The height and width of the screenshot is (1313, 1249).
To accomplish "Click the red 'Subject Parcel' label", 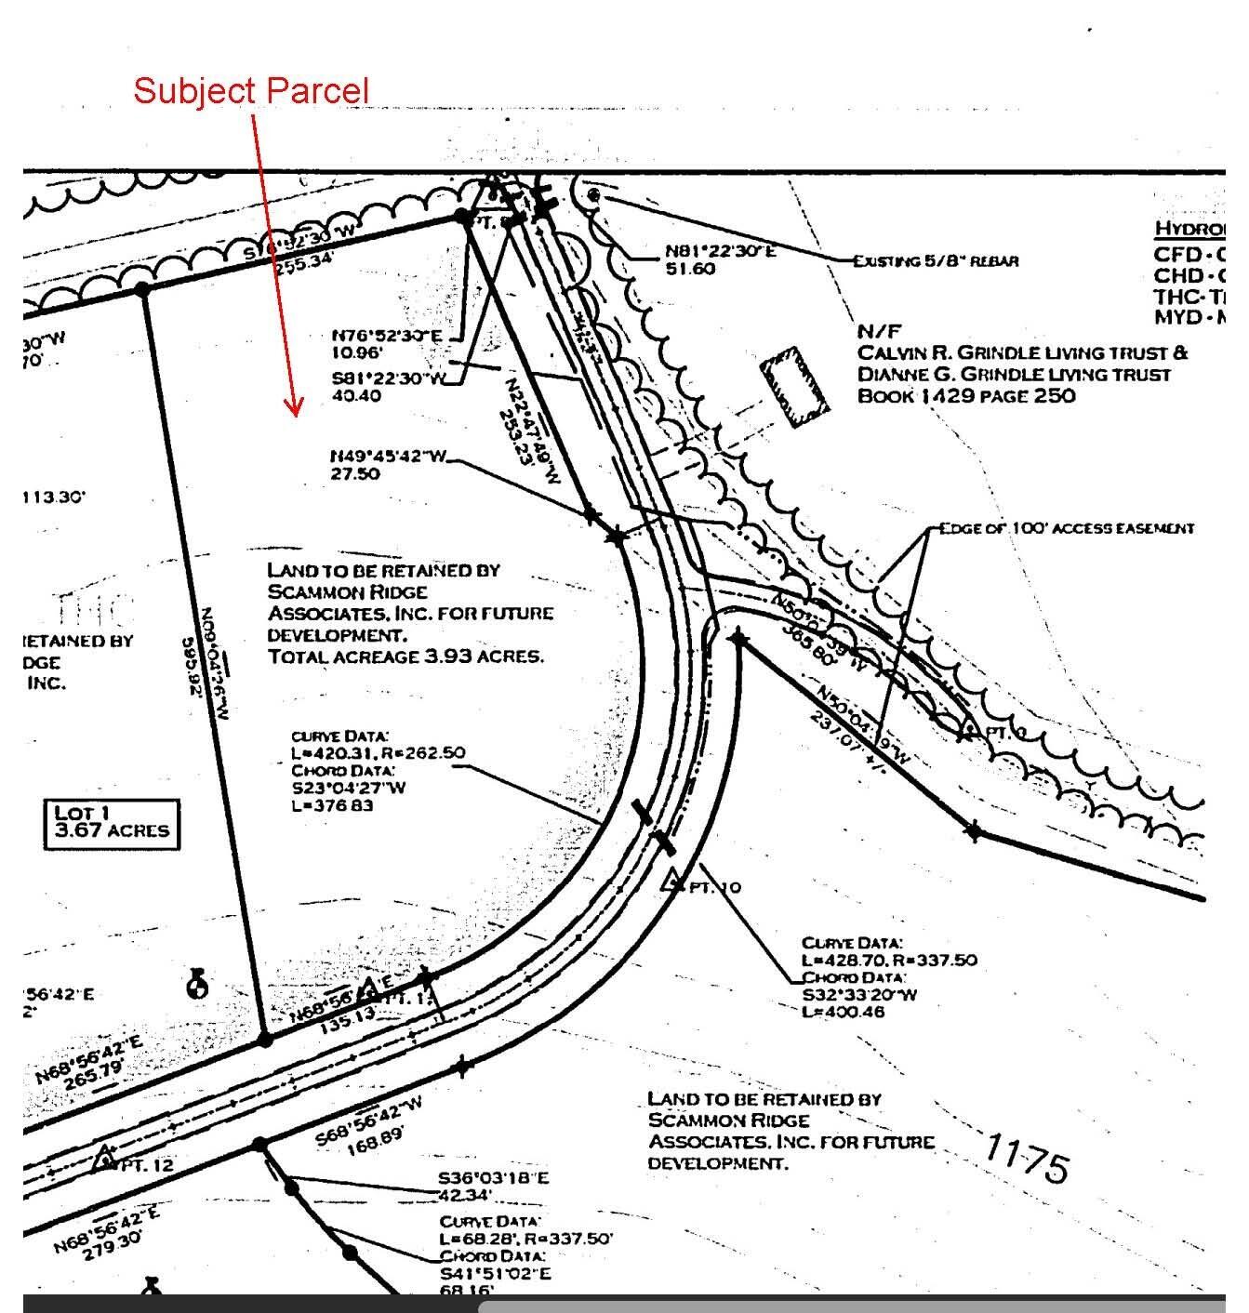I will coord(251,91).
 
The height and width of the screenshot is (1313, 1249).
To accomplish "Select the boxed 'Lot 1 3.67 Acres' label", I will coord(112,823).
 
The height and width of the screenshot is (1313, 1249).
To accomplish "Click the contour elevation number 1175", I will coord(1027,1159).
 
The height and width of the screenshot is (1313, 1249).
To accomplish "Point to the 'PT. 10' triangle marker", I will coord(671,881).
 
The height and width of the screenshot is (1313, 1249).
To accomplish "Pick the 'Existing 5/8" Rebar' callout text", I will coord(937,261).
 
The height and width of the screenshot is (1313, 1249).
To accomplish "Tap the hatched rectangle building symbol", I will coord(794,387).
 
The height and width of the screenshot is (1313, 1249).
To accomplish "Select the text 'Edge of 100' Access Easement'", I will coord(1066,528).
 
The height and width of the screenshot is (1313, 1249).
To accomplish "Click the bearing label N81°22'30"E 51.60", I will coord(720,260).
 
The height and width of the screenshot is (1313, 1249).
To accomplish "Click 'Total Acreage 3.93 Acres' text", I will coord(405,656).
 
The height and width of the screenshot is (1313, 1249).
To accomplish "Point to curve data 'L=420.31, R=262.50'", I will coord(378,753).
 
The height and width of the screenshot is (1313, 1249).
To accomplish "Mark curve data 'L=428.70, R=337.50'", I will coord(889,960).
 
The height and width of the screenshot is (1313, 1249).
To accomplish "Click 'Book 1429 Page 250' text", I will coord(965,395).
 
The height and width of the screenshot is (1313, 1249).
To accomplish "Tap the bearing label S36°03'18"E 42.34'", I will coord(493,1187).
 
